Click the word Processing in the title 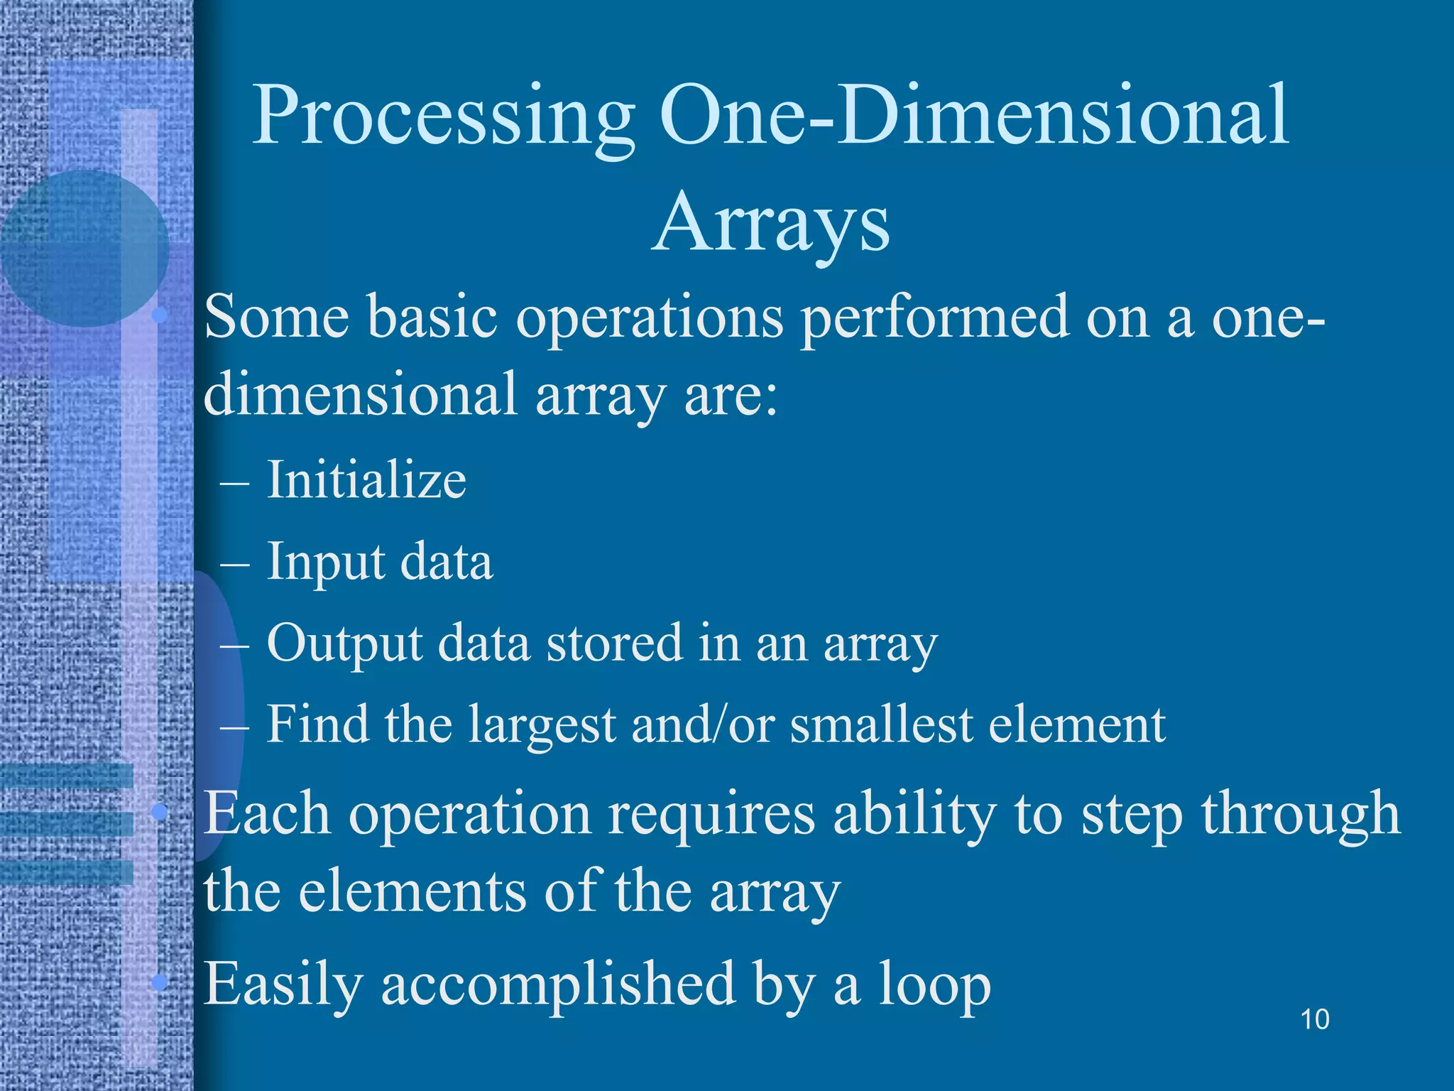point(443,117)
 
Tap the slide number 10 point(1314,1019)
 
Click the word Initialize point(366,479)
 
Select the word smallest point(880,724)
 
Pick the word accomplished point(558,986)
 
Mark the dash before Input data point(235,564)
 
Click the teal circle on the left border point(84,249)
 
